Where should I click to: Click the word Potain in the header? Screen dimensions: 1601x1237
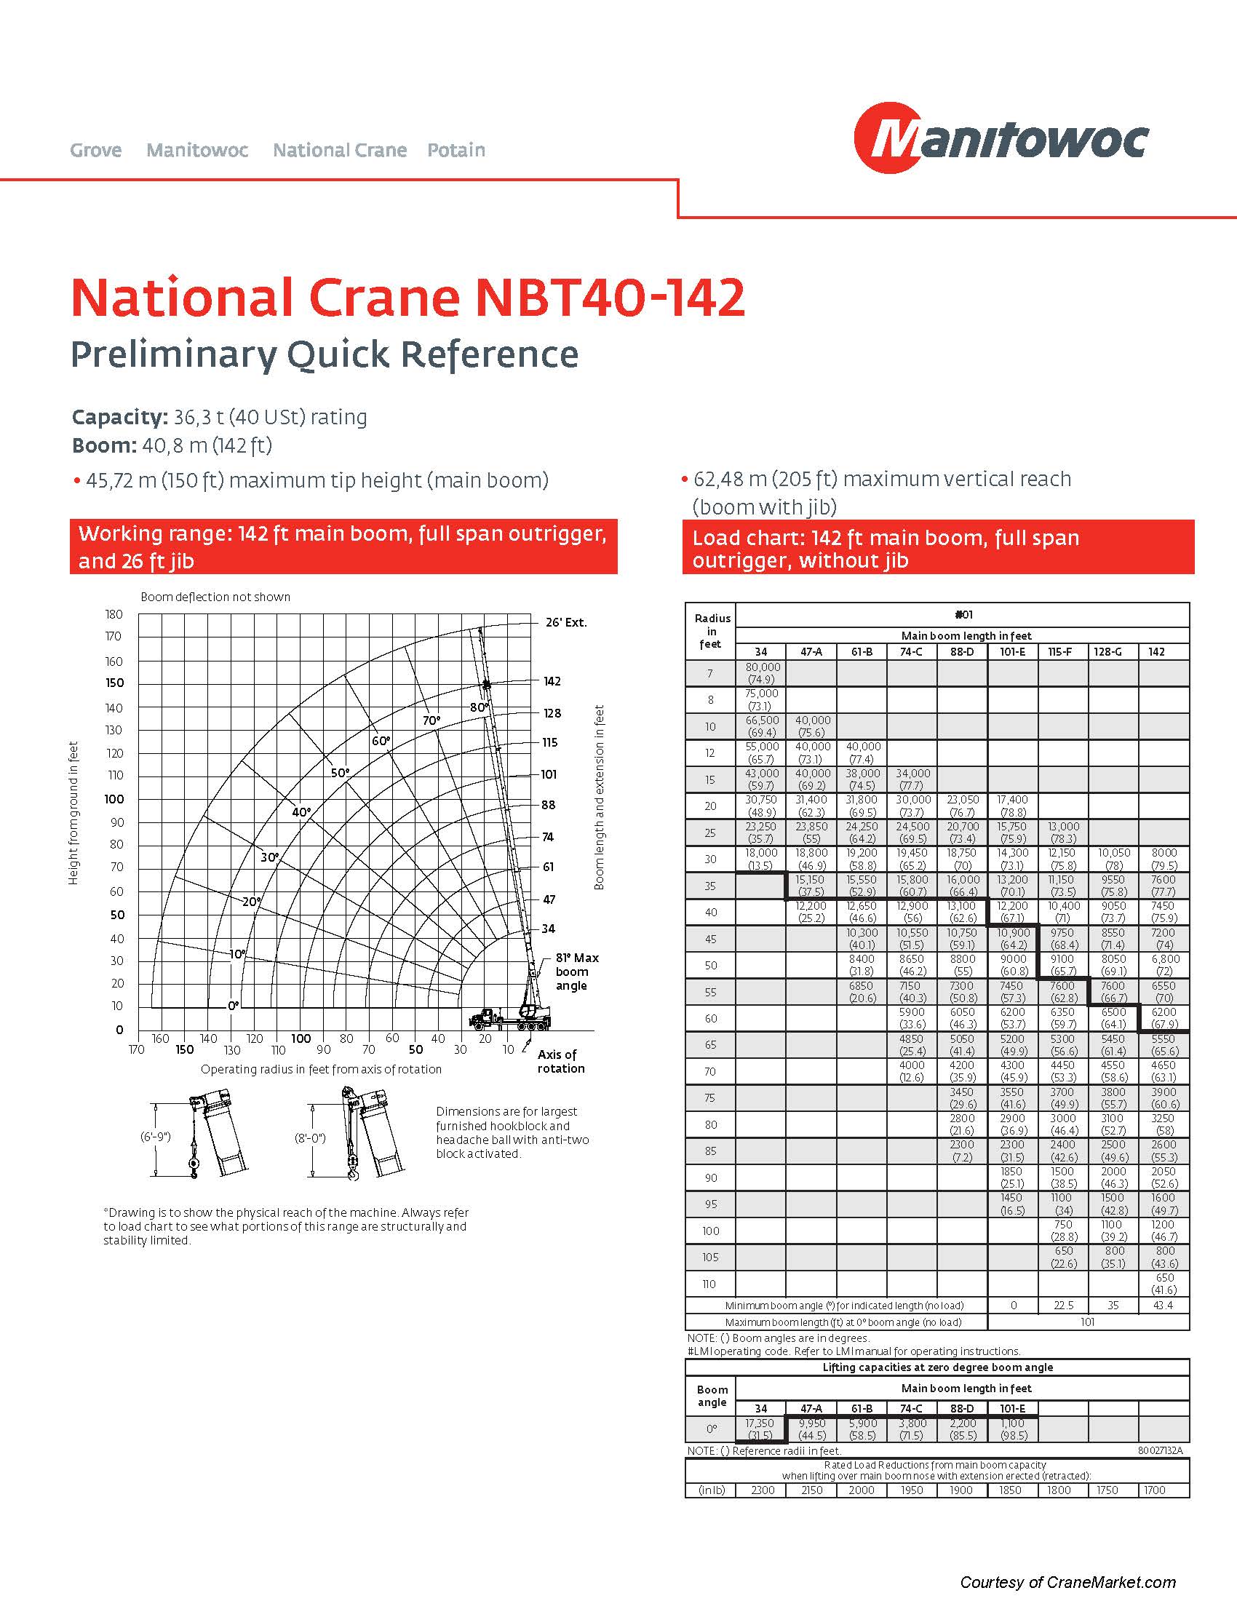pyautogui.click(x=456, y=151)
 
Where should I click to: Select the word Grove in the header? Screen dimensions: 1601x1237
pyautogui.click(x=96, y=151)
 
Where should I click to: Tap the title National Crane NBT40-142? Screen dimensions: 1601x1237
pyautogui.click(x=407, y=298)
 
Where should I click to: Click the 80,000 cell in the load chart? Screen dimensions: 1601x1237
pyautogui.click(x=762, y=673)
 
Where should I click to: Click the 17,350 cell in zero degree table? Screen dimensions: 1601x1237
pyautogui.click(x=760, y=1429)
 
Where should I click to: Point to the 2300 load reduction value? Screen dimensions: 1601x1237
pyautogui.click(x=763, y=1490)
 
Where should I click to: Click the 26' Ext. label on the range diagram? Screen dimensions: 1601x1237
pyautogui.click(x=565, y=622)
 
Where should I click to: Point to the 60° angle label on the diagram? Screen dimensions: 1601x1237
pyautogui.click(x=381, y=740)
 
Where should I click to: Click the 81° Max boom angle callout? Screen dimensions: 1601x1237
pyautogui.click(x=576, y=972)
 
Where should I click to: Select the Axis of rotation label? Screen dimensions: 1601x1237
pyautogui.click(x=560, y=1061)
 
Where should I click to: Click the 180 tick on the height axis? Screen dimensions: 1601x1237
pyautogui.click(x=114, y=614)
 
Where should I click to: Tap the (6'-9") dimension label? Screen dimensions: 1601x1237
pyautogui.click(x=156, y=1137)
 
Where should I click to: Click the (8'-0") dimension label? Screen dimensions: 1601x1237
pyautogui.click(x=310, y=1138)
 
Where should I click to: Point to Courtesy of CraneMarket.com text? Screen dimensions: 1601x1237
pyautogui.click(x=1067, y=1582)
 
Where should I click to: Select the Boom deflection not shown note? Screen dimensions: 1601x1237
pyautogui.click(x=215, y=597)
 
